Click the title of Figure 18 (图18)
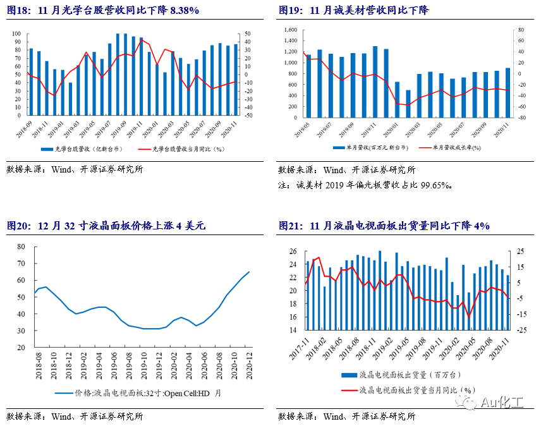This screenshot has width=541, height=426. [103, 10]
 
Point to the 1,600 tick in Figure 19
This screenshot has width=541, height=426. [290, 30]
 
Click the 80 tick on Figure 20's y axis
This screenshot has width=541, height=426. [21, 246]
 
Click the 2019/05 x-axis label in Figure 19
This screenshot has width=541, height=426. [306, 131]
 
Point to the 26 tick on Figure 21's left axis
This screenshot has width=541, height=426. [292, 252]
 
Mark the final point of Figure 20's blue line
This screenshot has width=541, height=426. [249, 272]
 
